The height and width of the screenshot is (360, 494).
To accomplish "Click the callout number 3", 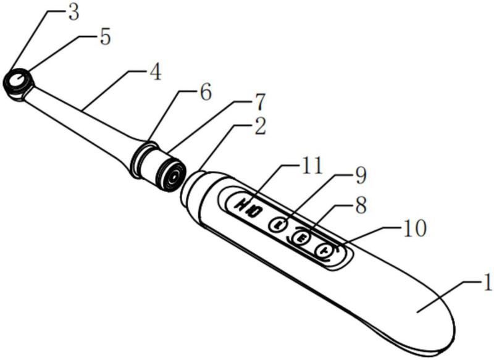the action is [x=73, y=14].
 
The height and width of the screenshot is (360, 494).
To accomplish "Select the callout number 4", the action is [x=154, y=73].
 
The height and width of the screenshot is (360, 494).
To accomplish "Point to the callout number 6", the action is [x=204, y=93].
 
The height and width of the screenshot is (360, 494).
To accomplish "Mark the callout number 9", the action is [x=359, y=177].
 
